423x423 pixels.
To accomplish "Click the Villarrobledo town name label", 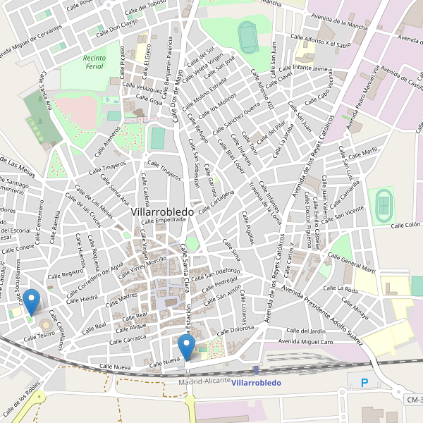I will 163,211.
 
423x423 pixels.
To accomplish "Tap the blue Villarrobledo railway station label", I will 256,383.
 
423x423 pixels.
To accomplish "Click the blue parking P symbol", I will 364,384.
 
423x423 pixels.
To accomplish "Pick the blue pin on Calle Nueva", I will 186,347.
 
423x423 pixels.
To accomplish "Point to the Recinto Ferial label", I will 93,62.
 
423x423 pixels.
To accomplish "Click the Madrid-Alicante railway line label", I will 204,381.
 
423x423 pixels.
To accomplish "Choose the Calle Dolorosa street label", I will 236,329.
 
